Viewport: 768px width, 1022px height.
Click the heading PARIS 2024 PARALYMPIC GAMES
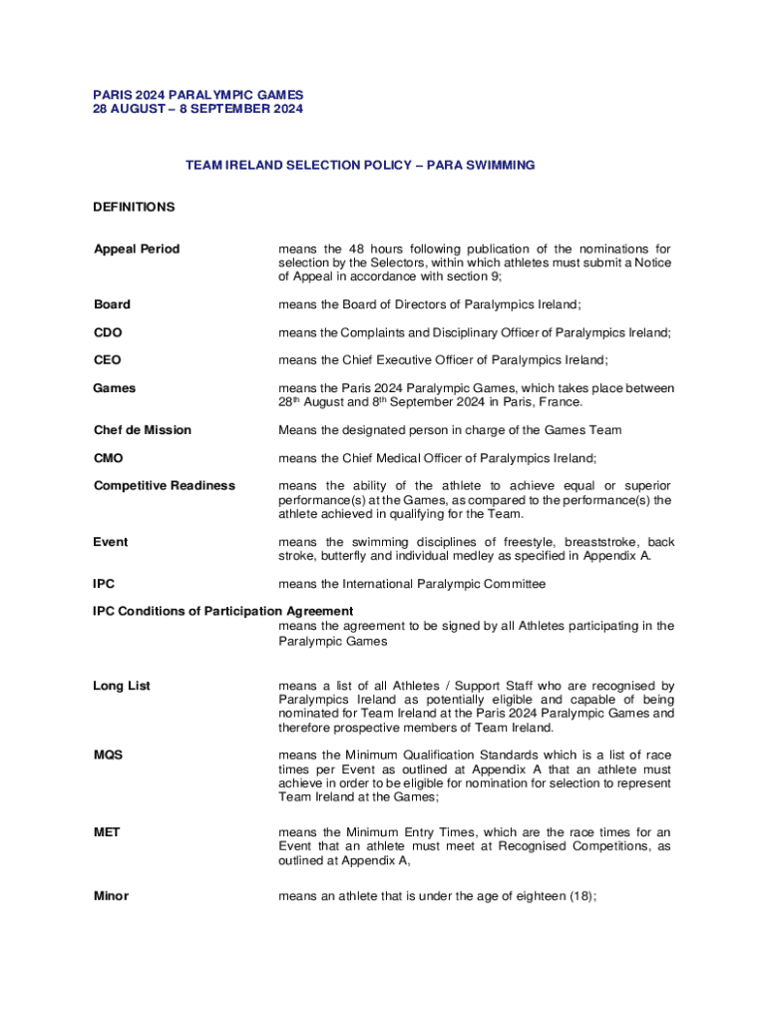197,95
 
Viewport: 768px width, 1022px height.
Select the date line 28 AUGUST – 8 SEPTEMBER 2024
197,109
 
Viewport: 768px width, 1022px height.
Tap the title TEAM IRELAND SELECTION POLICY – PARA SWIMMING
360,165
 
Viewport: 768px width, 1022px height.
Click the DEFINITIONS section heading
134,207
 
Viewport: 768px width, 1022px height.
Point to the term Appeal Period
137,249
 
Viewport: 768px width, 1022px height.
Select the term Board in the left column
112,304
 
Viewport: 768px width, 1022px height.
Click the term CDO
108,332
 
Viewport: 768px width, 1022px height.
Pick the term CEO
108,359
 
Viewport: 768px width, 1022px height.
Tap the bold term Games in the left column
115,387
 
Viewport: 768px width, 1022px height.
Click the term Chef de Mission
142,430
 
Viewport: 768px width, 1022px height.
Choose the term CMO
109,458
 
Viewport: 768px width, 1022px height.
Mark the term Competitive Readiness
165,485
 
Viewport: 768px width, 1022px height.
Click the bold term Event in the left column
111,542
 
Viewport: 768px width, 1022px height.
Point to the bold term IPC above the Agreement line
104,583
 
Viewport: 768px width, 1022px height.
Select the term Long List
122,686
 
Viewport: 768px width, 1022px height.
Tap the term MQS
108,756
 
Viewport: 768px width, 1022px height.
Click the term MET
107,831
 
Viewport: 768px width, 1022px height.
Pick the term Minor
111,896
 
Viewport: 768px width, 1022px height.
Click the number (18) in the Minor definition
579,896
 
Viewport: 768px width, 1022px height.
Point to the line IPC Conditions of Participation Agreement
222,611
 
